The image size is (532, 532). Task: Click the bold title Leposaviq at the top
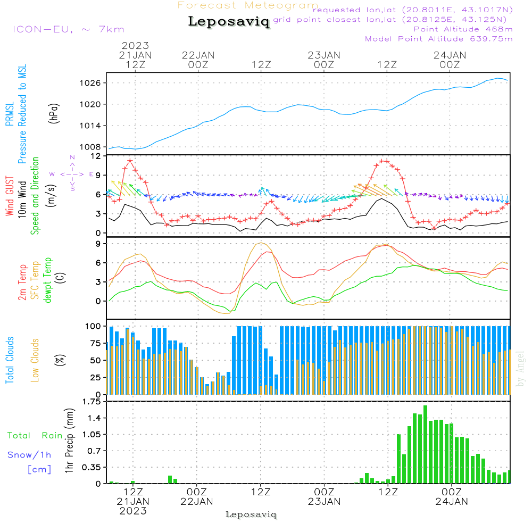(229, 22)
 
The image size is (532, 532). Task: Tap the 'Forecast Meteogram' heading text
(248, 6)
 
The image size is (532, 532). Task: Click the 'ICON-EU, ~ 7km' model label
(68, 29)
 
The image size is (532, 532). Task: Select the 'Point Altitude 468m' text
(463, 29)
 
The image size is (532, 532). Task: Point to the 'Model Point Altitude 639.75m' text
(439, 39)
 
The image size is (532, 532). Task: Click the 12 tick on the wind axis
(96, 156)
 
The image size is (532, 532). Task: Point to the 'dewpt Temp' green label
(48, 280)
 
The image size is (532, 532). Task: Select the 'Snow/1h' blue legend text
(29, 455)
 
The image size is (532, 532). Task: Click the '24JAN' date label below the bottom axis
(452, 501)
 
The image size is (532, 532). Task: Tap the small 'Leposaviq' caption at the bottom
(251, 514)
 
